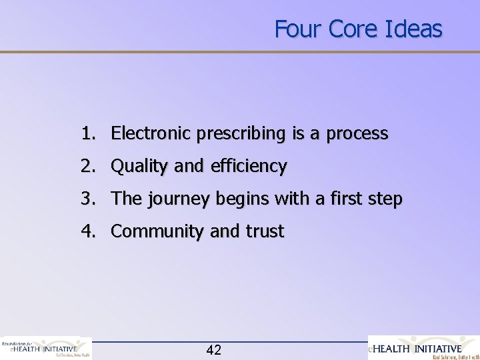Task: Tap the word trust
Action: coord(265,232)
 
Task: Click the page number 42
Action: coord(214,349)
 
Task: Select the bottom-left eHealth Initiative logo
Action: coord(45,347)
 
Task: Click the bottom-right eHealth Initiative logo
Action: coord(423,347)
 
